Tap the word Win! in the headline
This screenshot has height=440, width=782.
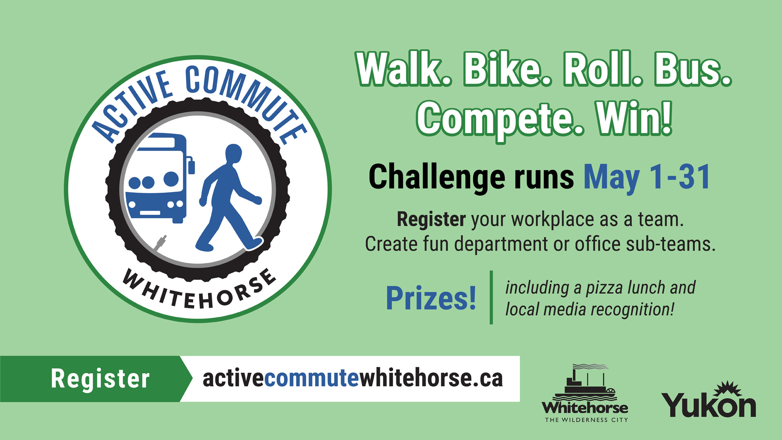(634, 118)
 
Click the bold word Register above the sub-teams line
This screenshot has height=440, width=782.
(431, 220)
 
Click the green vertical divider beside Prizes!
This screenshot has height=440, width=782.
(491, 297)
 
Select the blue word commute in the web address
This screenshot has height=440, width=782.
(311, 378)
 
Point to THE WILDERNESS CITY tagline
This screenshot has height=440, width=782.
(586, 420)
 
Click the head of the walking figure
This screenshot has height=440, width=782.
(234, 154)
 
